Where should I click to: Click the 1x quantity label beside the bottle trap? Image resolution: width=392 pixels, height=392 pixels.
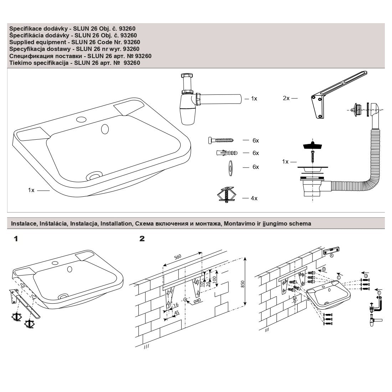tap(254, 99)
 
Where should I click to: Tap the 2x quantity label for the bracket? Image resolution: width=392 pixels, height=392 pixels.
tap(286, 98)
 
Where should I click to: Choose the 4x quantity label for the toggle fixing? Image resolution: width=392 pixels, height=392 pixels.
tap(254, 198)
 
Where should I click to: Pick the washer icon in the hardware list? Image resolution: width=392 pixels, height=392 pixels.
tap(229, 167)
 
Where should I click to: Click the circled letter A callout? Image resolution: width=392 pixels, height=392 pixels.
tap(332, 255)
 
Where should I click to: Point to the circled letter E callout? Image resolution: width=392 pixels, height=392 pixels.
tap(379, 293)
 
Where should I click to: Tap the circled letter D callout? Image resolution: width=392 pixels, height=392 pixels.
tap(366, 276)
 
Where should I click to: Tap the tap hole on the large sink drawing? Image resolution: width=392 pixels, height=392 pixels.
tap(82, 119)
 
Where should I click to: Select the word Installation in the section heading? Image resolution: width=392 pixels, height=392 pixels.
tap(116, 224)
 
